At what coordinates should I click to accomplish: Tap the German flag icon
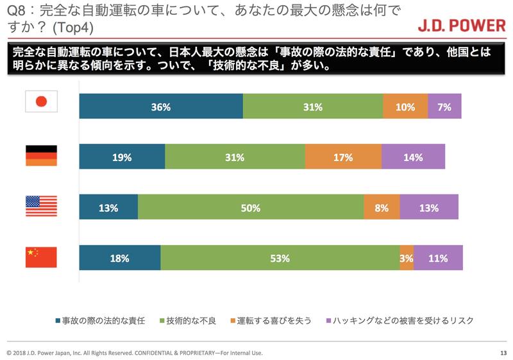41,156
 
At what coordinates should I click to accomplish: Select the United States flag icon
41,207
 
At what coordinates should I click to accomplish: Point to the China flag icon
41,257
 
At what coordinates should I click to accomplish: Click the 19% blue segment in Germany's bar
122,157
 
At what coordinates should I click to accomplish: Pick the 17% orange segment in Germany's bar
343,157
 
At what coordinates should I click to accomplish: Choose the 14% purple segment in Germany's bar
413,157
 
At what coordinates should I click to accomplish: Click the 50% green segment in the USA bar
251,207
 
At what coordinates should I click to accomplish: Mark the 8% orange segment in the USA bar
382,207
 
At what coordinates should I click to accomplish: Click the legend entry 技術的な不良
189,319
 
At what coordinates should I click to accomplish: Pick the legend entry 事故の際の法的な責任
102,319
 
